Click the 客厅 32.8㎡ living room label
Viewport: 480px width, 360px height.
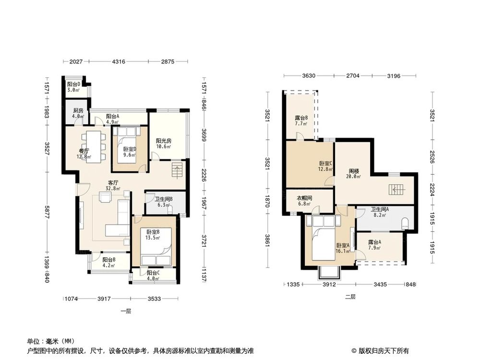113,185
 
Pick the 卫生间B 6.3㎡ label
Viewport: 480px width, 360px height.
164,202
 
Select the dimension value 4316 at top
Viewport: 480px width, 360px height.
119,61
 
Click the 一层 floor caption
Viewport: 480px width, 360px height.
126,311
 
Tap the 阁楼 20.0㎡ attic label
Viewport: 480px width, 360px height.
355,173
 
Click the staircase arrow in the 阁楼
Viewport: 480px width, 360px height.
397,190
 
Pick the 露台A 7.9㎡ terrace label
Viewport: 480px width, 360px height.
374,245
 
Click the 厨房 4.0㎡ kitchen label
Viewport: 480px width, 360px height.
78,113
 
